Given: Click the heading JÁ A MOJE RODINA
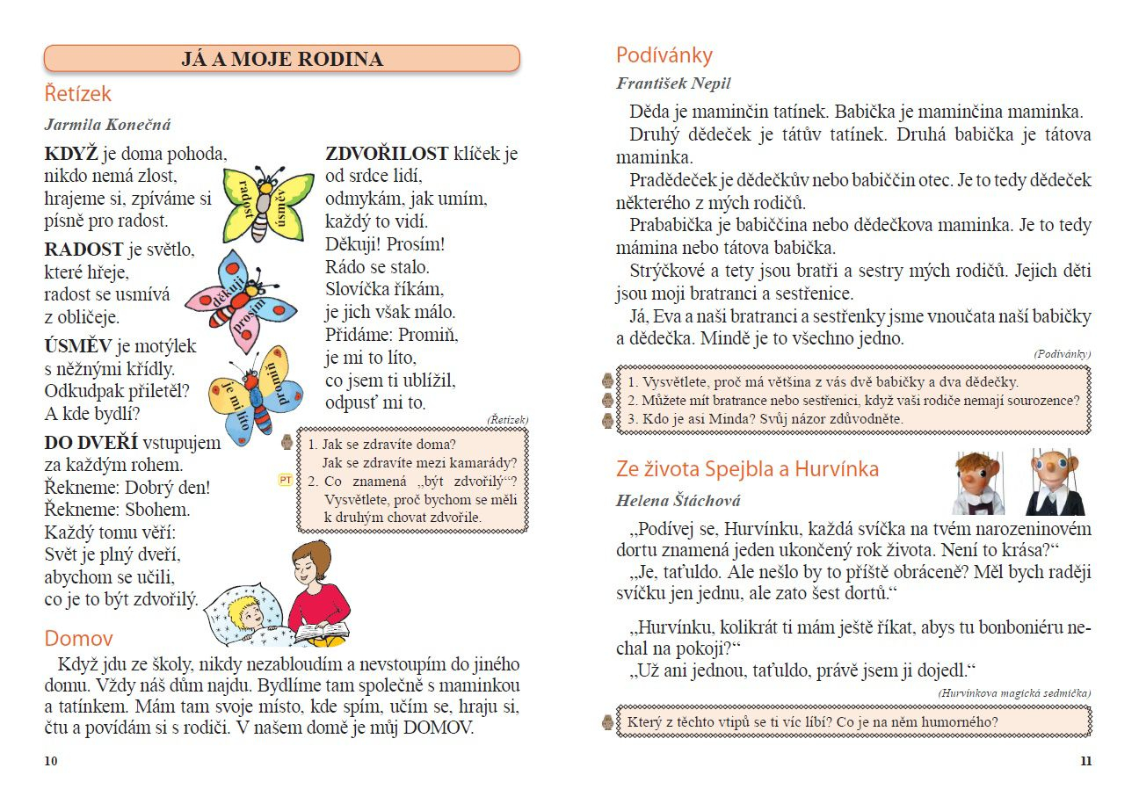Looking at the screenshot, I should coord(282,59).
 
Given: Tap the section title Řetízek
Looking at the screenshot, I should coord(78,93).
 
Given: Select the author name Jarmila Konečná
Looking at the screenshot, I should coord(107,125).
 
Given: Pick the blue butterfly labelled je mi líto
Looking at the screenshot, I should coord(255,392).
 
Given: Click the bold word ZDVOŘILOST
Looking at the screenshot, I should coord(387,154).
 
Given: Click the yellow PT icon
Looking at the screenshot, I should coord(285,480).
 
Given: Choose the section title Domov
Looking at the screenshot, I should coord(78,638).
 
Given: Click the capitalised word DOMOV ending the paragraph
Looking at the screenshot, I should coord(438,728).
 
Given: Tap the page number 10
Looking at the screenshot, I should coord(51,761).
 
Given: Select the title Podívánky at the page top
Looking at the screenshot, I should coord(664,55).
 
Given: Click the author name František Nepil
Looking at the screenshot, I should coord(673,84).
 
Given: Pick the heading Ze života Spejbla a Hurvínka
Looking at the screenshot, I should coord(747,469).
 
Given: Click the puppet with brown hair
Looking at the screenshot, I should coord(978,483).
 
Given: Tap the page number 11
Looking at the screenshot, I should coord(1085,761).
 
